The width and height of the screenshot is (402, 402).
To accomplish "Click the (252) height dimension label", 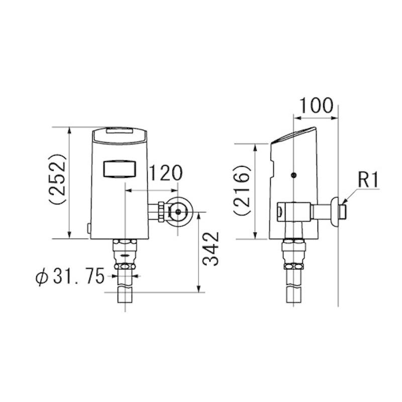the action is pyautogui.click(x=58, y=179).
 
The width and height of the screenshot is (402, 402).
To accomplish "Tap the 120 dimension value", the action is pyautogui.click(x=166, y=173).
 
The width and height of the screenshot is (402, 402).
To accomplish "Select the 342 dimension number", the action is pyautogui.click(x=211, y=249).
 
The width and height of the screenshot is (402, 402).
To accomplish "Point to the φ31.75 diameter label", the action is pyautogui.click(x=70, y=277).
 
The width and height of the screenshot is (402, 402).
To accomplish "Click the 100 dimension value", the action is pyautogui.click(x=317, y=106).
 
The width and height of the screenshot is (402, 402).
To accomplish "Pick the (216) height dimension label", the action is pyautogui.click(x=242, y=190).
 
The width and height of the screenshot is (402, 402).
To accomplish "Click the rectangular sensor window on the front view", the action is pyautogui.click(x=120, y=169).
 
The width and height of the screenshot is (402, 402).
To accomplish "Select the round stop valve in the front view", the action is pyautogui.click(x=178, y=212).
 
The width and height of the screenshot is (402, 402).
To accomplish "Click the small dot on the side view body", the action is pyautogui.click(x=294, y=175).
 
